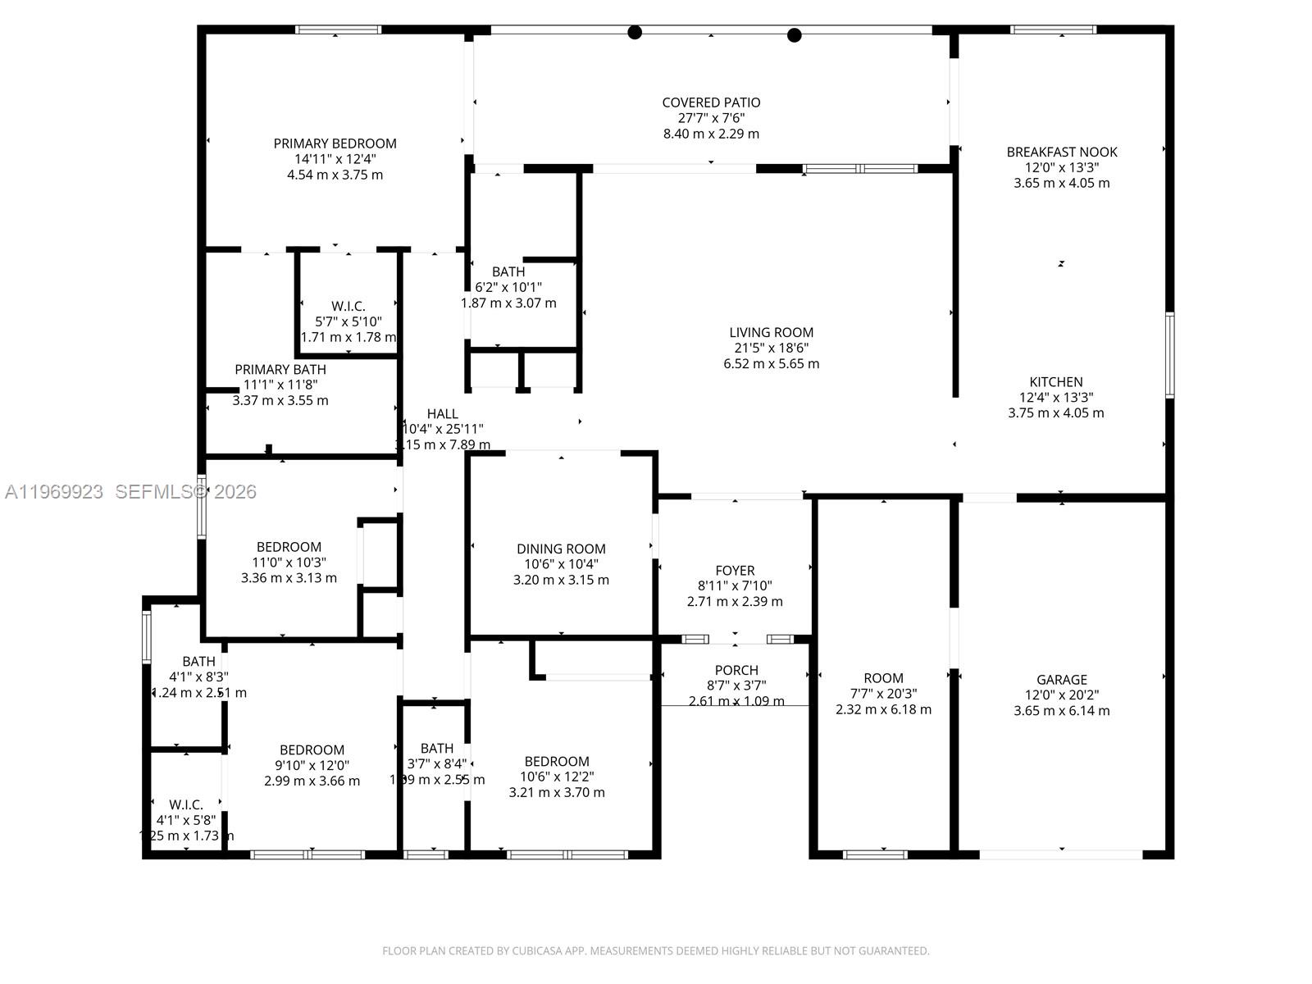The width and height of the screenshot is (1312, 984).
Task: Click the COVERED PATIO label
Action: [x=711, y=102]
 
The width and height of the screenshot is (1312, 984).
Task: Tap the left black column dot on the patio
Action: [x=635, y=33]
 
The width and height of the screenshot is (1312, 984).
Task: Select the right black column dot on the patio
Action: [x=794, y=35]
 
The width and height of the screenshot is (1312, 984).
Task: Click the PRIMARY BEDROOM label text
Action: [x=335, y=143]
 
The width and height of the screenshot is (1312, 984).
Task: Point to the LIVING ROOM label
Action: [x=771, y=332]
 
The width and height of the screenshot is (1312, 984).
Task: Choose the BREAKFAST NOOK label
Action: [x=1061, y=152]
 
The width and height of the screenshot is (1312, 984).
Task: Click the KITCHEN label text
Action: [x=1055, y=381]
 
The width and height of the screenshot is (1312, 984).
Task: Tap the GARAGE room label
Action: [x=1061, y=679]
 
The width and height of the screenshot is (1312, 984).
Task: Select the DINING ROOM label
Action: [x=561, y=549]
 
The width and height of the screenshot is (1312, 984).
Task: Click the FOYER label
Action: [x=735, y=570]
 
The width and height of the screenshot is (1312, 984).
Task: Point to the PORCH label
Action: [x=736, y=670]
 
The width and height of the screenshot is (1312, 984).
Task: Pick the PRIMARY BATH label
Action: [x=280, y=369]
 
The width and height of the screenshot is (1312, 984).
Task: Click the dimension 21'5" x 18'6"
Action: [x=771, y=348]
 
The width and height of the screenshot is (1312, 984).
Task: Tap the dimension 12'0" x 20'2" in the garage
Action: [x=1061, y=695]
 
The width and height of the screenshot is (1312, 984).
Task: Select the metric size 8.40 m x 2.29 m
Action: [x=711, y=134]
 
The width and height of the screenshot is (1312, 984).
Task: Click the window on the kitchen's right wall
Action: [x=1169, y=355]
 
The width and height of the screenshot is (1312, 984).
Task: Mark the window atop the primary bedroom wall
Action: [x=338, y=30]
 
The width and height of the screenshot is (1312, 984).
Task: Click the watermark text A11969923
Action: [x=54, y=491]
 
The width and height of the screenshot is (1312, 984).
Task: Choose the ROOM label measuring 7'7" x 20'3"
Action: [x=883, y=678]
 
